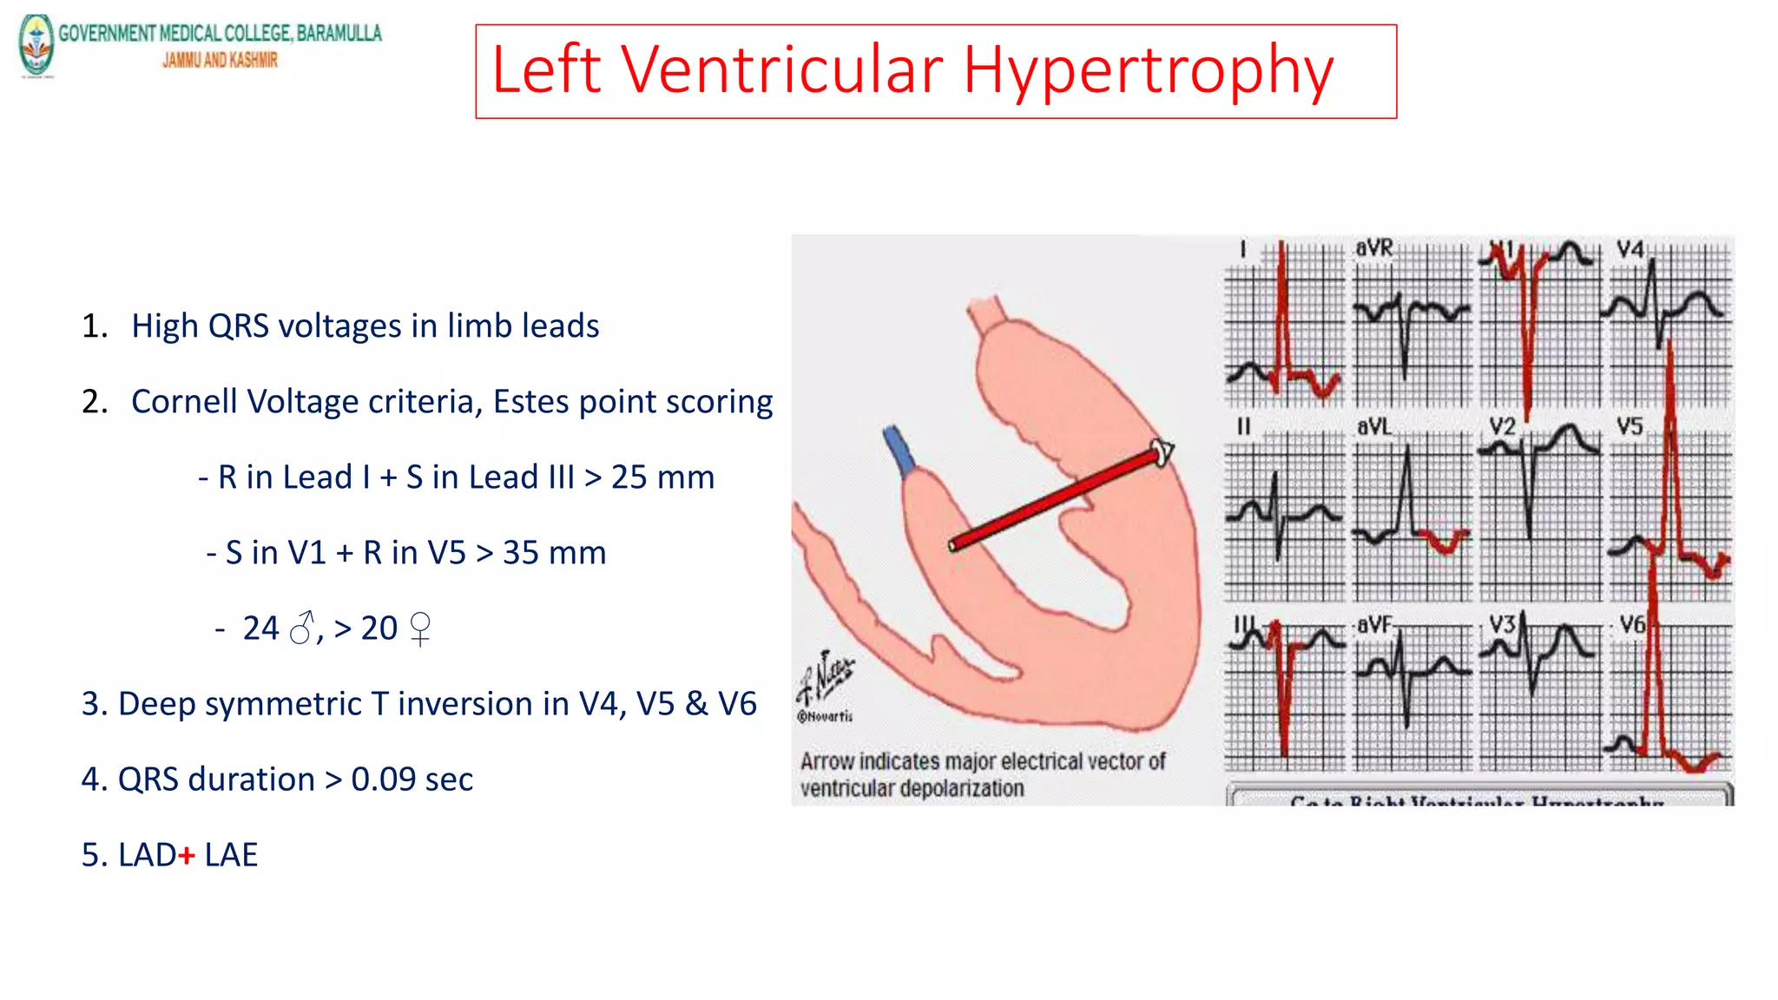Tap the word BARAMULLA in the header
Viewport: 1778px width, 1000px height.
[339, 33]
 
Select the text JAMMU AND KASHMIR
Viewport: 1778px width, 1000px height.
[220, 60]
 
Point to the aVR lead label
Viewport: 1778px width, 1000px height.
[1374, 248]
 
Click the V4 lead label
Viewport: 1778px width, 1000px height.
[1630, 250]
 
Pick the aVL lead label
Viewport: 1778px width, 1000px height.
[1374, 426]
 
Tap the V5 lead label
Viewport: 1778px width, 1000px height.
[1630, 426]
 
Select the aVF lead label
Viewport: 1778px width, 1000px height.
[1374, 624]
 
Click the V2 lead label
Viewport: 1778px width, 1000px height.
[1503, 426]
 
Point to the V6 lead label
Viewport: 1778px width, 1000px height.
[1632, 624]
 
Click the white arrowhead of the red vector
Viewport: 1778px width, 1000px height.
[1162, 451]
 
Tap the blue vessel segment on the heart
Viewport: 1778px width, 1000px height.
[899, 450]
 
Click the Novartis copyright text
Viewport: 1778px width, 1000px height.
[826, 716]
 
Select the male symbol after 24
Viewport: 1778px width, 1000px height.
[301, 628]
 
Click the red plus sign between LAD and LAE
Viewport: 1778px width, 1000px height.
[187, 855]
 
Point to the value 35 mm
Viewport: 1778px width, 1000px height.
[554, 553]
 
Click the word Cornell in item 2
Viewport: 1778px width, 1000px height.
[183, 402]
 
